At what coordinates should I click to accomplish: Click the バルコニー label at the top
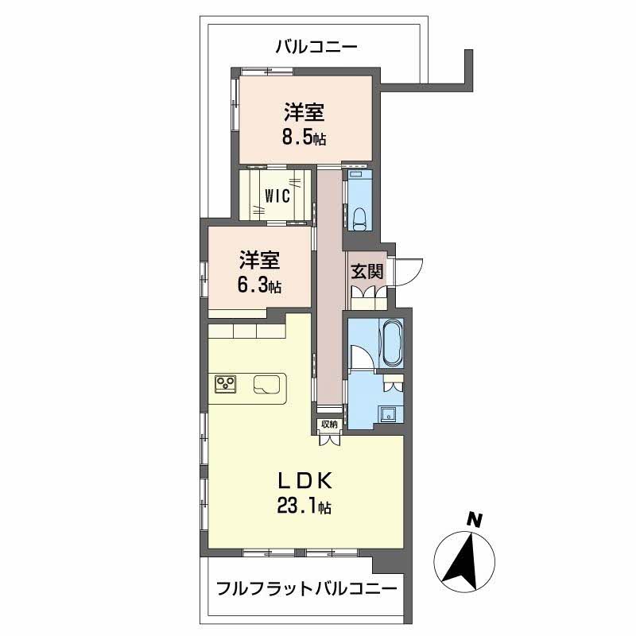tap(316, 47)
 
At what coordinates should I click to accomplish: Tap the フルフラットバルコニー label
tap(307, 588)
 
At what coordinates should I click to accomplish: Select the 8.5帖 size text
tap(304, 138)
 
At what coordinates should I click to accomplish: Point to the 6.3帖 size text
tap(260, 285)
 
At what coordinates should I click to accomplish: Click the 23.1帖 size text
tap(304, 506)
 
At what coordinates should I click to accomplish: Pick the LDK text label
tap(305, 481)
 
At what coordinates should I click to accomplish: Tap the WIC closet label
tap(277, 196)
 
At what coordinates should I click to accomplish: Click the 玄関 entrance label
tap(366, 271)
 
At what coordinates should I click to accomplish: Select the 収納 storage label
tap(329, 425)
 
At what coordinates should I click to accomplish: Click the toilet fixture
tap(360, 219)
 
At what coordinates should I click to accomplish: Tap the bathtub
tap(391, 343)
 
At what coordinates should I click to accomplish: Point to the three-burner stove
tap(226, 384)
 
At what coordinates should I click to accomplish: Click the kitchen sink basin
tap(266, 384)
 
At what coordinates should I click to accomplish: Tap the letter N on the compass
tap(474, 521)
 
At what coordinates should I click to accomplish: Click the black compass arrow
tap(461, 563)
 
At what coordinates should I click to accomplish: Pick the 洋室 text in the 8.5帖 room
tap(304, 112)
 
